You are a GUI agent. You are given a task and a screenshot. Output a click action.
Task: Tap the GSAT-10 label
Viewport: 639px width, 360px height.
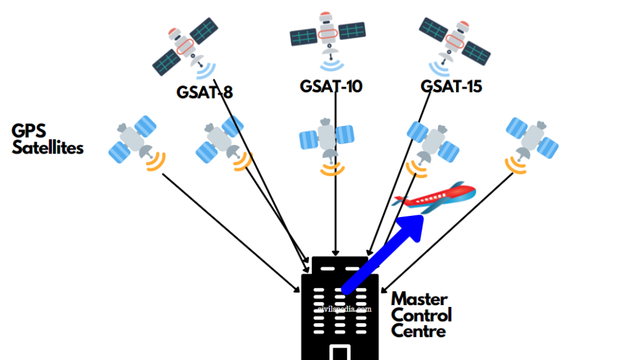pos(331,86)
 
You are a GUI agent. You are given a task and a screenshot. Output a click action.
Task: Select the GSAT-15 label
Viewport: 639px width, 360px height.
pos(451,86)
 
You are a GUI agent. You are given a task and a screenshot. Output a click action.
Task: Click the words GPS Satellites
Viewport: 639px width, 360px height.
pos(47,139)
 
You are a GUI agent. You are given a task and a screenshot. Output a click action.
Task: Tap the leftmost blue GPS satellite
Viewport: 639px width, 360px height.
pos(132,141)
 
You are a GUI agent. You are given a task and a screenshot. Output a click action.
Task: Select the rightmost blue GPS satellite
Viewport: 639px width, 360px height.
pos(532,139)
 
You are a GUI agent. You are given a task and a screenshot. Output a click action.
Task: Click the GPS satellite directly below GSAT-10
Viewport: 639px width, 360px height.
pos(326,138)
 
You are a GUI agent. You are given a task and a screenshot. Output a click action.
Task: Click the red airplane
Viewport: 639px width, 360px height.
pos(434,197)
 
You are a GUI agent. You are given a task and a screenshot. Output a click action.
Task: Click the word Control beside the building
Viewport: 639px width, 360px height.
pos(421,314)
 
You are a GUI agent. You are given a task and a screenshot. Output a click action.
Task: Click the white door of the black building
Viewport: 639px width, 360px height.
pos(339,353)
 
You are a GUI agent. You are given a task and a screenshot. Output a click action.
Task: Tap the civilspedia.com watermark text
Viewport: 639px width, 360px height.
pos(344,308)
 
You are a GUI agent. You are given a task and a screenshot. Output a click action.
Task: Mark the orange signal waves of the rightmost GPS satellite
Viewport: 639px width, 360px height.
pos(515,164)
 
